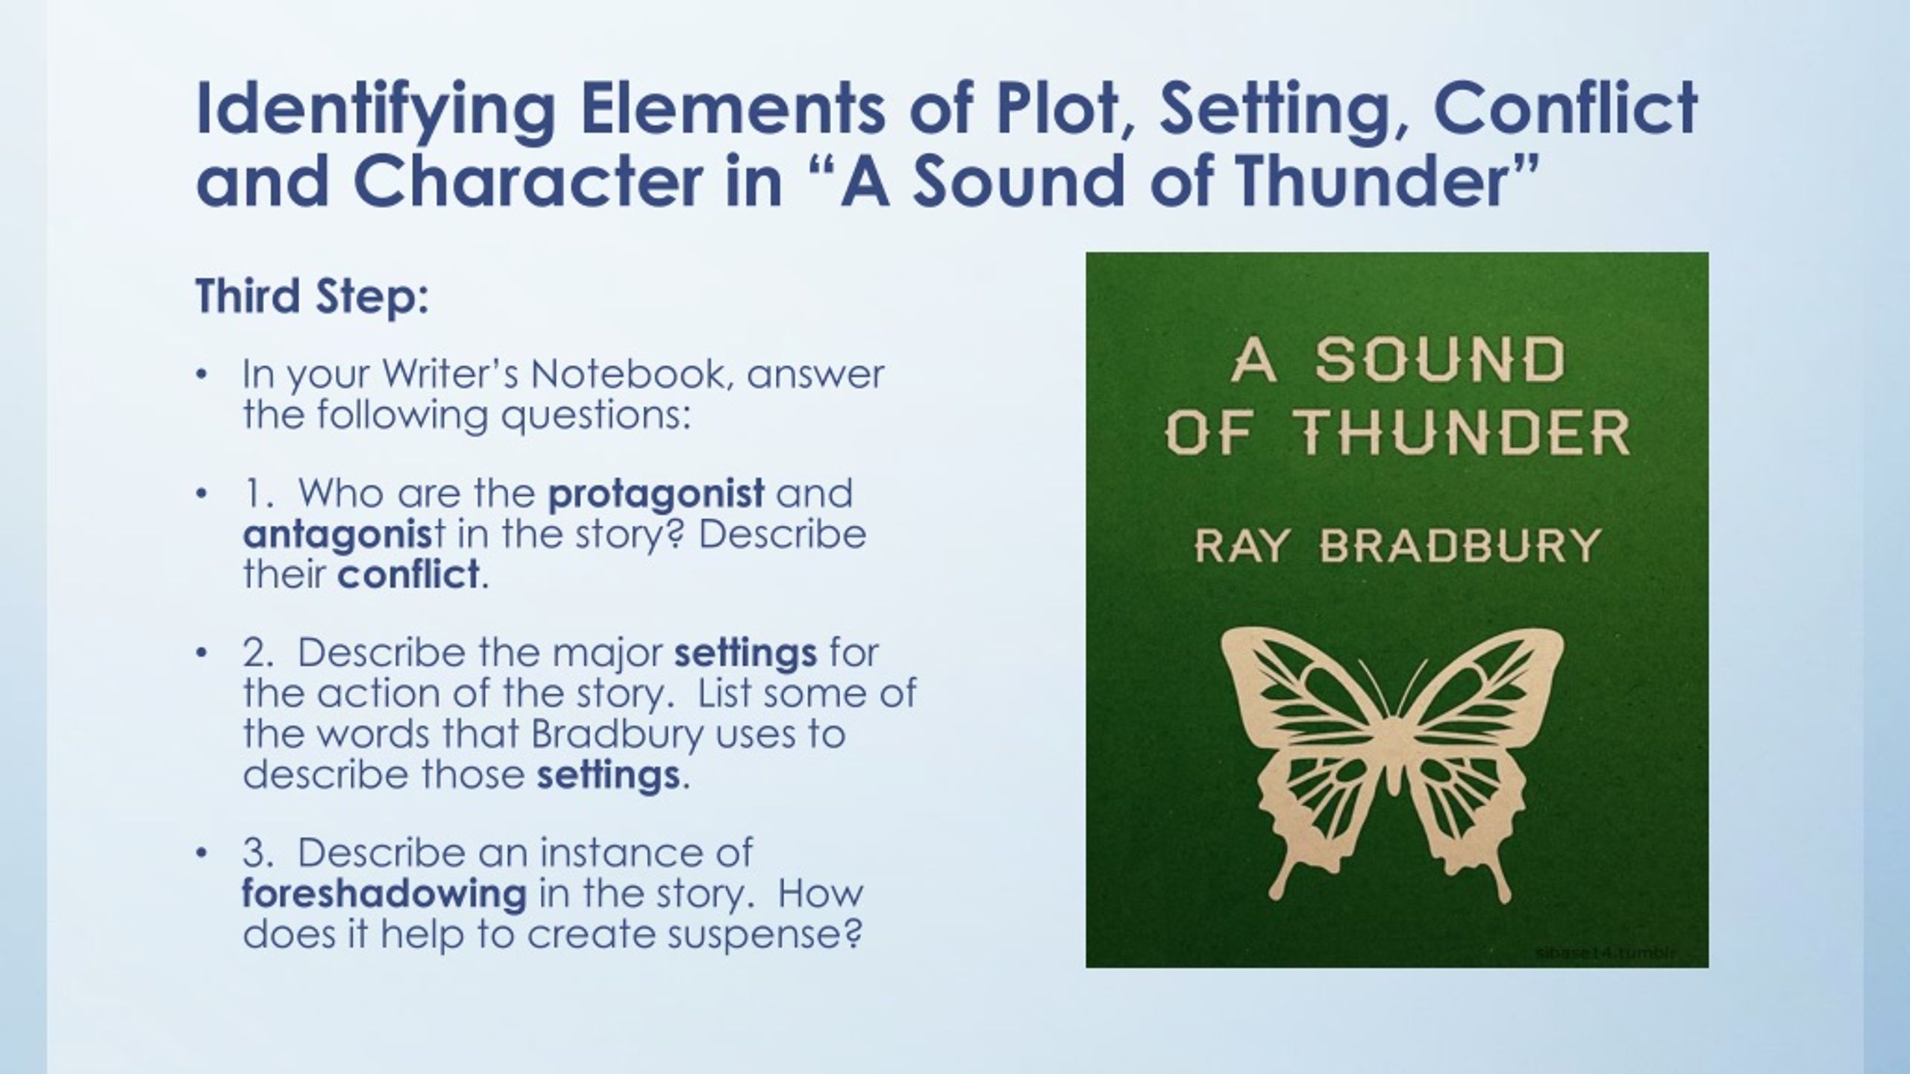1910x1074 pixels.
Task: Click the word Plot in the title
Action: point(1059,110)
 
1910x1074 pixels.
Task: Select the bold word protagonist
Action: point(657,494)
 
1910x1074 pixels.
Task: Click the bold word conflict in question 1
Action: point(408,574)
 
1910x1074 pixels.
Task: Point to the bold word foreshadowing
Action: point(385,894)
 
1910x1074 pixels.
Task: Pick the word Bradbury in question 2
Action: point(617,734)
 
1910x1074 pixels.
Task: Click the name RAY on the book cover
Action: point(1241,547)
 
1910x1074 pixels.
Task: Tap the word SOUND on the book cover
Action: point(1439,359)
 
